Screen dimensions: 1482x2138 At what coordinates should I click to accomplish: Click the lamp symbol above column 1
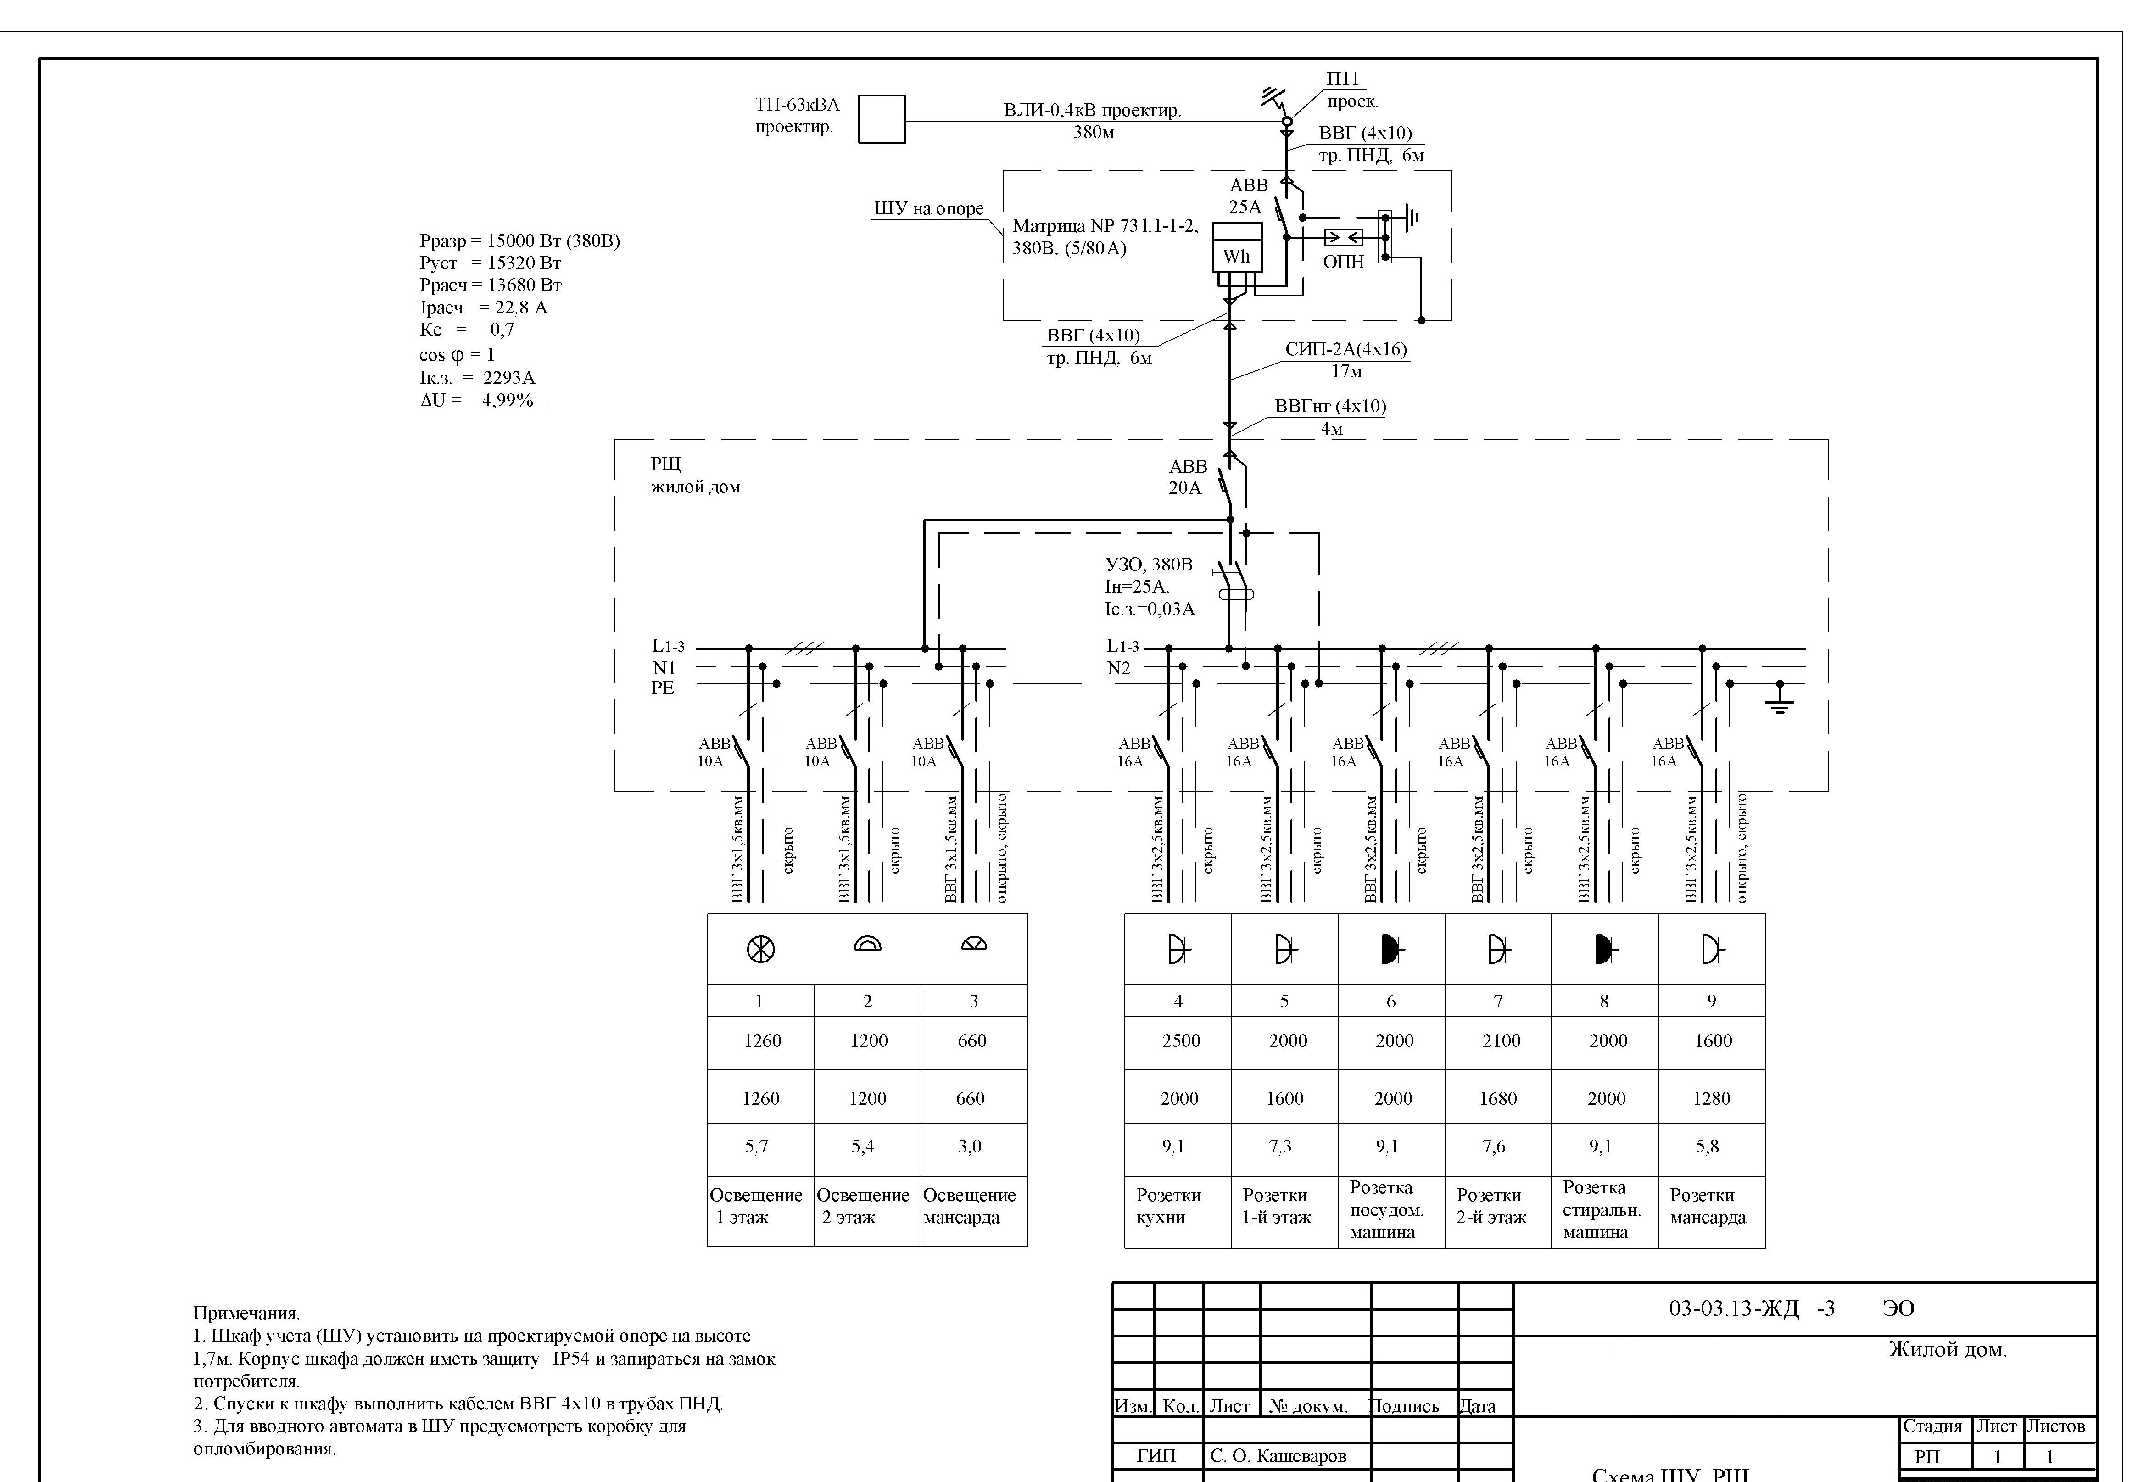tap(760, 948)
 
